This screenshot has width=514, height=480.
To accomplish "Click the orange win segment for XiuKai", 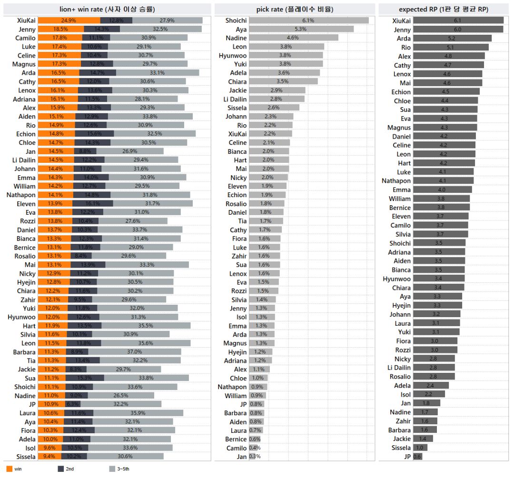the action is pos(69,20).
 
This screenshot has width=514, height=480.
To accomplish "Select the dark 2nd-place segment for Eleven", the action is pos(92,203).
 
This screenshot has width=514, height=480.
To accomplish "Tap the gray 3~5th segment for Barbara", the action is pos(134,352).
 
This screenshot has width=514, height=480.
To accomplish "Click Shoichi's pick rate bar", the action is pos(309,20).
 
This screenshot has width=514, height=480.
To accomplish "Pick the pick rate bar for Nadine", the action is pos(293,38).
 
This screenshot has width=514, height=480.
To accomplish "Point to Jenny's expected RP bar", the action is pos(458,30).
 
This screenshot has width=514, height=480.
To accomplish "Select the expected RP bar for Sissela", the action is pos(420,448).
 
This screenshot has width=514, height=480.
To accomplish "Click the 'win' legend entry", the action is pos(14,469).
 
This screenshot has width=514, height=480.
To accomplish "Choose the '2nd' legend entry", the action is pos(66,469).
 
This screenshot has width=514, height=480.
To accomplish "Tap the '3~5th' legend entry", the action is pos(119,469).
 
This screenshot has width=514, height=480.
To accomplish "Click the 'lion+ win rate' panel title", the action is pos(107,9).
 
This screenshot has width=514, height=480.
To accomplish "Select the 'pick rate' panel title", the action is pos(295,9).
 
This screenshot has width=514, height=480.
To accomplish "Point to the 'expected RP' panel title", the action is pos(444,9).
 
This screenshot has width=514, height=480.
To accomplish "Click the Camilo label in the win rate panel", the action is pos(25,38).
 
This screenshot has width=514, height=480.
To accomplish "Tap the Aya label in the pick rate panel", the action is pos(241,29).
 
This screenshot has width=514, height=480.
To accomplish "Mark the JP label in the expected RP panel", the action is pos(407,456).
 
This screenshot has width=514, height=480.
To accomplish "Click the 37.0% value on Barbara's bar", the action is pos(134,352).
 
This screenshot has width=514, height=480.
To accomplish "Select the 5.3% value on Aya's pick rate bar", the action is pos(301,29).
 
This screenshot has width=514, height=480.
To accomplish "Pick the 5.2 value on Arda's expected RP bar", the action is pos(451,39).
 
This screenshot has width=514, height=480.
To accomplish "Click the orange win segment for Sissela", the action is pos(49,456).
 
